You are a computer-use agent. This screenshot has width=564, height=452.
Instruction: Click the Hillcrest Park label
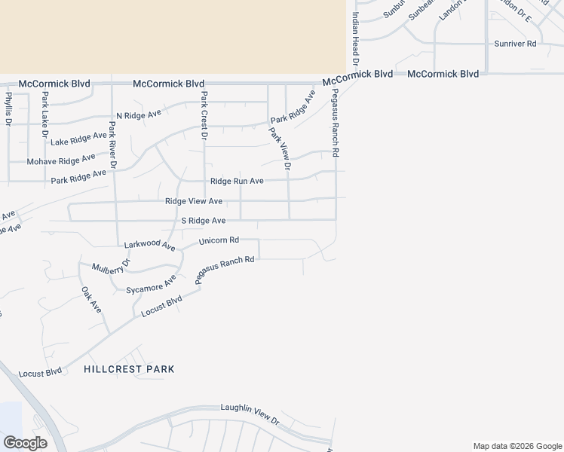point(129,369)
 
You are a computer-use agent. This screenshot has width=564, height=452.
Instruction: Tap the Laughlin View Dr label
point(250,411)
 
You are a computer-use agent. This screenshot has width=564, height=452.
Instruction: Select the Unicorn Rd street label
point(219,241)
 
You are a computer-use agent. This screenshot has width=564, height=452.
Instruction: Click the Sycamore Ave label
point(152,287)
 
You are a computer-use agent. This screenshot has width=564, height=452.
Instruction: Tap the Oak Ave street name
point(90,299)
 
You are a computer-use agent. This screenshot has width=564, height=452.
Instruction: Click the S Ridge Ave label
point(204,220)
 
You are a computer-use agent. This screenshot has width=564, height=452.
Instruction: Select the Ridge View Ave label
point(194,201)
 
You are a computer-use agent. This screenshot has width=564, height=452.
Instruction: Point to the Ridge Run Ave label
point(237,181)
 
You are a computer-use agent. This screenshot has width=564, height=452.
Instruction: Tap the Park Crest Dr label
point(204,117)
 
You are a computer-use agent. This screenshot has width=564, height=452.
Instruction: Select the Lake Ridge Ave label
point(79,138)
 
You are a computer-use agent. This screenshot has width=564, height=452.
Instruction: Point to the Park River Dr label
point(113,144)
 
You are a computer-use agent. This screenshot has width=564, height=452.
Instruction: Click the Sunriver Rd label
point(515,44)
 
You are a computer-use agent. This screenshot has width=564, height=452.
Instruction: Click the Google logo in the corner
point(25,443)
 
